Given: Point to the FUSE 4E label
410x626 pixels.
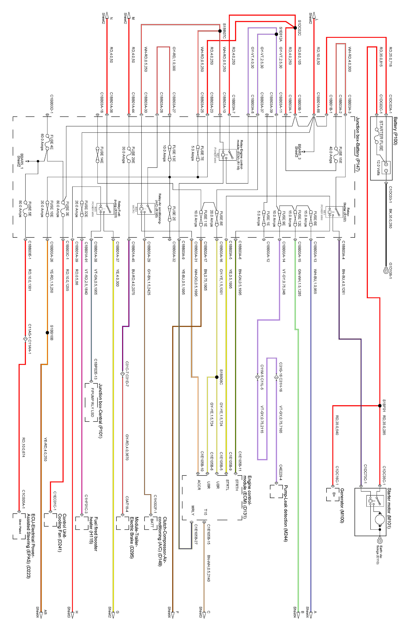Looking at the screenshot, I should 52,142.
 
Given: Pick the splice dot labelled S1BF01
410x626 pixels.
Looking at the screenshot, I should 380,406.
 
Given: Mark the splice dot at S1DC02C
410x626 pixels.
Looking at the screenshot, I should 295,28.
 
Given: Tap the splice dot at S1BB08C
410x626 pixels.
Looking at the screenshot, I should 216,377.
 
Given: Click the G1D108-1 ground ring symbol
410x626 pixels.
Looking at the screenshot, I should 386,271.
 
